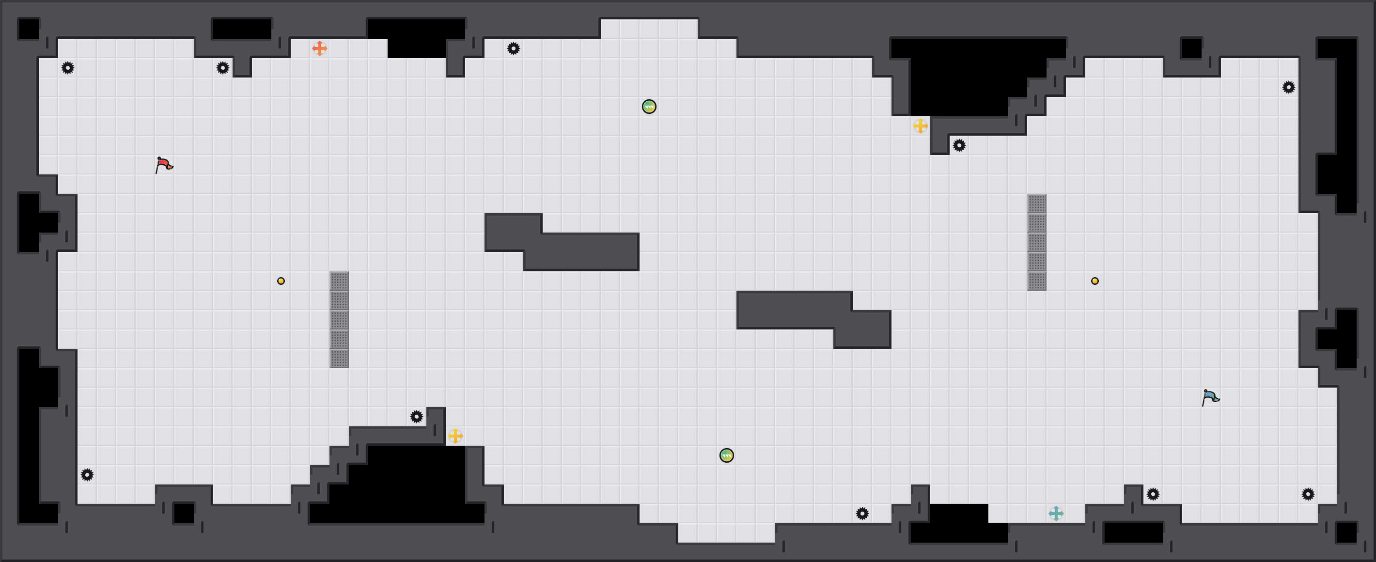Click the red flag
coord(163,165)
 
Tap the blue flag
coord(1210,397)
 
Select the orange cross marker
coord(319,48)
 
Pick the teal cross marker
coord(1056,514)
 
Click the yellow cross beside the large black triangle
coord(920,126)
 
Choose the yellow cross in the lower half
coord(455,436)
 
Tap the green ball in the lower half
coord(726,455)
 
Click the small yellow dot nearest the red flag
coord(281,281)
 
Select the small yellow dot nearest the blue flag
coord(1095,281)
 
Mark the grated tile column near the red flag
coord(339,319)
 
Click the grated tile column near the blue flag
coord(1037,242)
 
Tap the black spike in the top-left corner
coord(68,68)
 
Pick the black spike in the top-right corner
coord(1288,87)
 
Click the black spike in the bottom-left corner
coord(87,474)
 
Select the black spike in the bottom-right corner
coord(1308,494)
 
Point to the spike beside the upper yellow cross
coord(959,145)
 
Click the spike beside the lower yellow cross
coord(417,416)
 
